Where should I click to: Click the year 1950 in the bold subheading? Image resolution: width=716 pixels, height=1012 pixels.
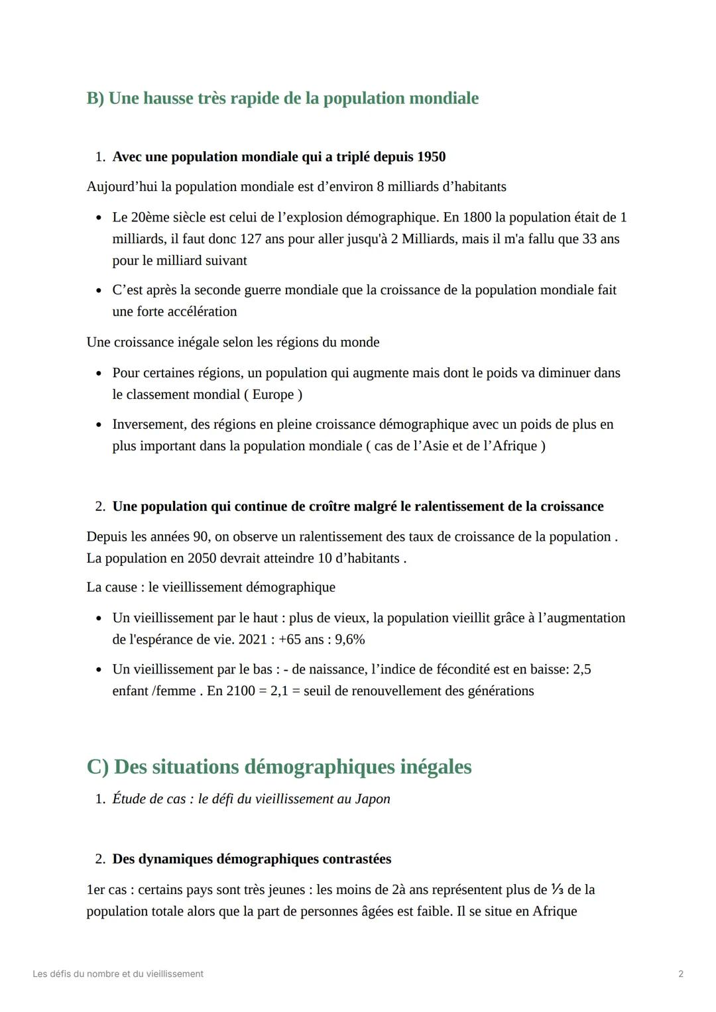coord(431,157)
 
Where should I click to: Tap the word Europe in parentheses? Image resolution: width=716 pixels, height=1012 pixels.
coord(273,394)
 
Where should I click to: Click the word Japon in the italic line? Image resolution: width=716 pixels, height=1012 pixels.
coord(373,799)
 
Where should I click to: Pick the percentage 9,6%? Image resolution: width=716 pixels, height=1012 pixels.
coord(349,640)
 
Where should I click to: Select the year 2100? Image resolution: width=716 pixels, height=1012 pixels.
coord(240,691)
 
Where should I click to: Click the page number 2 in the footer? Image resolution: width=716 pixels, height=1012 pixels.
coord(681,974)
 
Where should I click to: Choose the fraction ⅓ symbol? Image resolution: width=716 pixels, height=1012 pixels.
coord(558,889)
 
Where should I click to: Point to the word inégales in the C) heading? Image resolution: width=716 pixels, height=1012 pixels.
coord(436,767)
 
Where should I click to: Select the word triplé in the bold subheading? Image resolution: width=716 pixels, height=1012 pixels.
coord(353,157)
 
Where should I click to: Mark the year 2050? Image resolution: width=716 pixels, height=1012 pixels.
coord(202,559)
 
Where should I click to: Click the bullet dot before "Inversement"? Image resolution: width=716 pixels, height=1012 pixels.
coord(99,425)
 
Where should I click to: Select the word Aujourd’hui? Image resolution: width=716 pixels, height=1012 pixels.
coord(122,187)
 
